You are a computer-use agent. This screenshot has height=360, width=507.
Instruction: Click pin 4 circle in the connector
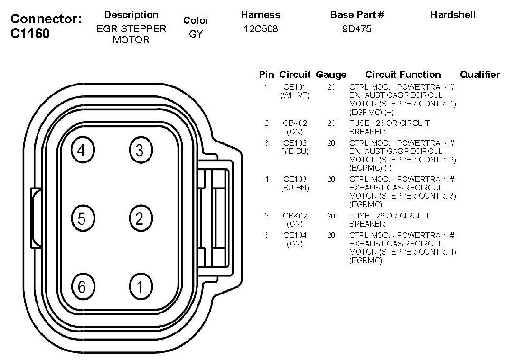click(x=82, y=151)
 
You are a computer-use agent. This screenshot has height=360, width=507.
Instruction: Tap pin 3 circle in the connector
click(x=139, y=151)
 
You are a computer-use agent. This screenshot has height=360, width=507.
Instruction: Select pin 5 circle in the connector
click(x=82, y=218)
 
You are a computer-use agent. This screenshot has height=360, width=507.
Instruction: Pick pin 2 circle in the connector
click(x=139, y=218)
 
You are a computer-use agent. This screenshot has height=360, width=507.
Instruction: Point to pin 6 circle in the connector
click(x=82, y=287)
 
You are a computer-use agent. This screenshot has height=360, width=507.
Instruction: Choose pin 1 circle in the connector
click(x=139, y=287)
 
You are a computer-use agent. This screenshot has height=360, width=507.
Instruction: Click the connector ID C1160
click(x=30, y=34)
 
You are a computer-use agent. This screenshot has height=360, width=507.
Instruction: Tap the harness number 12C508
click(x=261, y=29)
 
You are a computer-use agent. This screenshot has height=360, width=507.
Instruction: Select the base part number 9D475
click(x=357, y=29)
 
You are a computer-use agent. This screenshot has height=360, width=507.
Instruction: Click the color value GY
click(x=196, y=35)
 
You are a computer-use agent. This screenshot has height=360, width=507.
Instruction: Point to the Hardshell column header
click(x=452, y=15)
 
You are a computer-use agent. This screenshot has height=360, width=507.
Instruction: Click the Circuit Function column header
click(x=403, y=75)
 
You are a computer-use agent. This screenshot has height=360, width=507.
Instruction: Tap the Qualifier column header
click(x=479, y=75)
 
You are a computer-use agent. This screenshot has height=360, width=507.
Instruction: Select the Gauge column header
click(x=331, y=75)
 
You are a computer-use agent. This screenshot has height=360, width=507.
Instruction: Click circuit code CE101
click(x=295, y=87)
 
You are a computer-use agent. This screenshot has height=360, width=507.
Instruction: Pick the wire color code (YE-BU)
click(x=295, y=152)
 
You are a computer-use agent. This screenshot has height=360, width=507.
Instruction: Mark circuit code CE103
click(x=295, y=179)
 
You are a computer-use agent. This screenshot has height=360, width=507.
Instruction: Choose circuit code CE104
click(x=295, y=235)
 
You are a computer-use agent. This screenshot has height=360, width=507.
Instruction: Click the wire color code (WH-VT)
click(x=295, y=95)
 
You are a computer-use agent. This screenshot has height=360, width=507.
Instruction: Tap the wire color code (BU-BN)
click(x=295, y=188)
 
